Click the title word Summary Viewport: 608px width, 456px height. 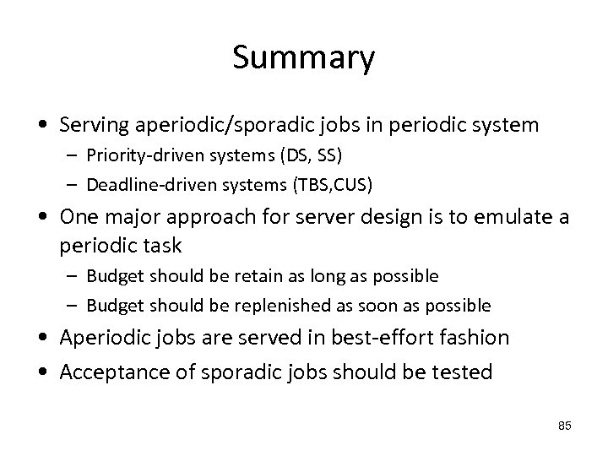tap(303, 59)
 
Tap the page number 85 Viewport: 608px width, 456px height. tap(565, 426)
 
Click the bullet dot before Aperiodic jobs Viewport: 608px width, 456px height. tap(41, 339)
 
